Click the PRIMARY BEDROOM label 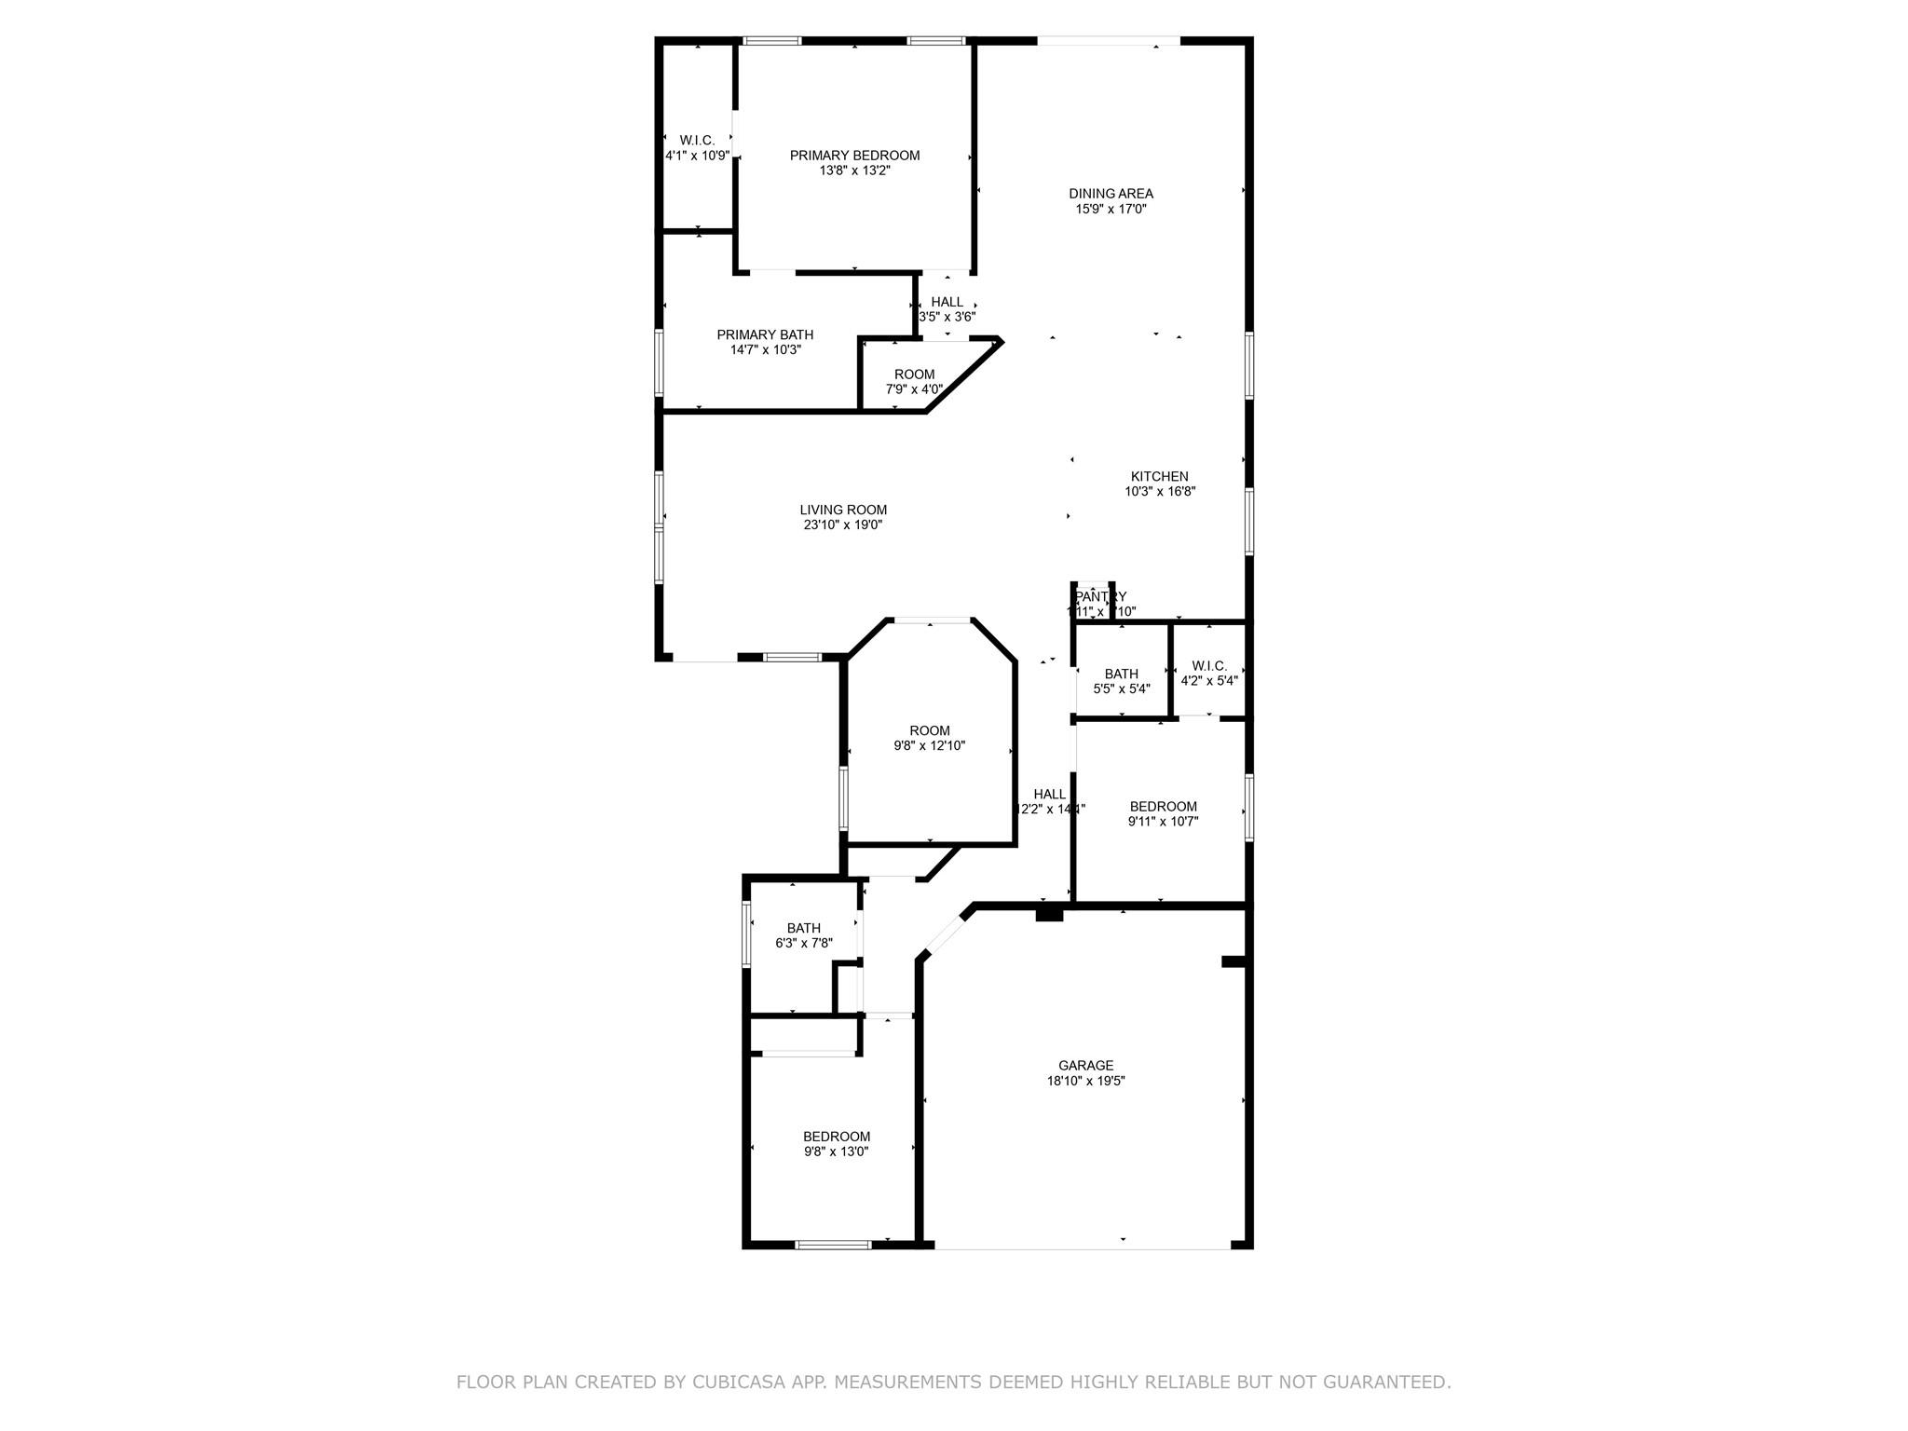854,156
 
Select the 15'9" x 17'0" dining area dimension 1111,210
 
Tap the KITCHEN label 1159,476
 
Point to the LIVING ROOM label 843,510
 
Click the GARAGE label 1085,1066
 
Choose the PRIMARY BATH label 765,334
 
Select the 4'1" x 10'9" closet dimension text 697,156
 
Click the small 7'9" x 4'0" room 914,382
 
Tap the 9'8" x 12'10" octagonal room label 930,738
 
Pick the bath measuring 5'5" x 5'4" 1121,681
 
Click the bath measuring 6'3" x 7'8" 803,935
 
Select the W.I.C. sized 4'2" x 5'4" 1208,673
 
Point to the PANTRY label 1100,596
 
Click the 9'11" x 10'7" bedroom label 1163,813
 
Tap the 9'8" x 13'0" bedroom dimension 837,1152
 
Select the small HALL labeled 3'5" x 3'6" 947,308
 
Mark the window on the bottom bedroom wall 833,1244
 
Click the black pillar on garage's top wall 1049,913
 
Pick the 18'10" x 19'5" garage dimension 1085,1082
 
